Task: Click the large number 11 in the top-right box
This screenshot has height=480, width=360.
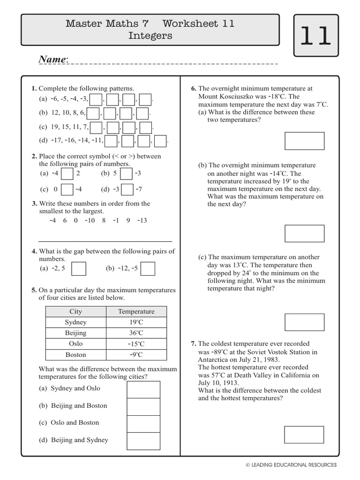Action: tap(315, 37)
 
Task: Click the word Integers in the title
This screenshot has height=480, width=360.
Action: tap(150, 36)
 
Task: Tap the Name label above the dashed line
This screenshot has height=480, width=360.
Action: tap(53, 60)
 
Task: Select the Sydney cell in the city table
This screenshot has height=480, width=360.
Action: tap(75, 322)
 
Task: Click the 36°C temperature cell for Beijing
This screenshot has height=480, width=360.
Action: tap(136, 333)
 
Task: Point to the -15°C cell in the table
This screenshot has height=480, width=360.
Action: tap(136, 344)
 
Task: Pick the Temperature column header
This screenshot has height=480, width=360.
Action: tap(136, 311)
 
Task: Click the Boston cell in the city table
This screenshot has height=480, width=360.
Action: tap(75, 355)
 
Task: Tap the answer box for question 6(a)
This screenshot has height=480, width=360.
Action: tap(304, 141)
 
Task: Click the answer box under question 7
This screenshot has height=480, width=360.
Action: tap(304, 435)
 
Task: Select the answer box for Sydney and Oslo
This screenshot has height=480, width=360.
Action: tap(143, 390)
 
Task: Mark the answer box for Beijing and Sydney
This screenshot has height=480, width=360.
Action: tap(143, 441)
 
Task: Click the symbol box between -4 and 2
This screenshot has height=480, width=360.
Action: tap(67, 174)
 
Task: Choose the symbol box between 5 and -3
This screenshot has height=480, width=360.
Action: tap(126, 174)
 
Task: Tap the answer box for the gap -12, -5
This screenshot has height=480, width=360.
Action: tap(148, 269)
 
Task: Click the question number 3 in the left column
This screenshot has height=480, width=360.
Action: tap(34, 203)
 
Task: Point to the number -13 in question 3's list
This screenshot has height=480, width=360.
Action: tap(142, 220)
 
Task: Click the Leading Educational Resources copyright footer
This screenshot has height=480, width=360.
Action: tap(291, 465)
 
